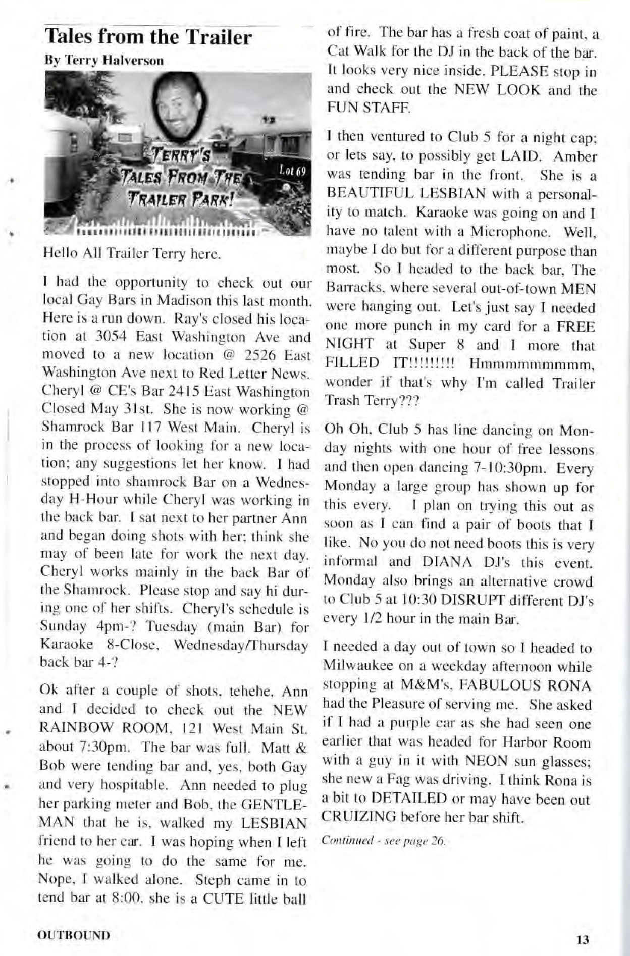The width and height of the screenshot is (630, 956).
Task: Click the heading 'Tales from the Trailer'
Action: point(148,37)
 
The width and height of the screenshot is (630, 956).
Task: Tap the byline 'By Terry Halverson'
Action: point(104,61)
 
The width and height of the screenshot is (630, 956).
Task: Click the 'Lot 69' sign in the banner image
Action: point(293,170)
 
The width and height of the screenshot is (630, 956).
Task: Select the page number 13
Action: point(583,940)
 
